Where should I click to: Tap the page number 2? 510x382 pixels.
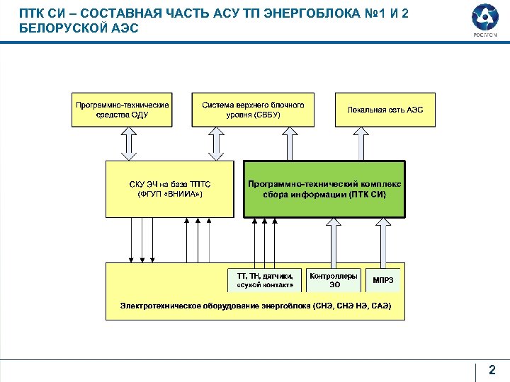point(492,369)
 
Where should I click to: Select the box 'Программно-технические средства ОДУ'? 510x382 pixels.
point(122,110)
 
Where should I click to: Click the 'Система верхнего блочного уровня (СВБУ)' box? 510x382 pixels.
point(253,110)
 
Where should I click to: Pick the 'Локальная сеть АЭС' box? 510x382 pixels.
point(385,110)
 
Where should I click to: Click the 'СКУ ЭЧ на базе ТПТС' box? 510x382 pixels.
point(169,188)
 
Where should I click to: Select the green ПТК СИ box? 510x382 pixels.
point(324,188)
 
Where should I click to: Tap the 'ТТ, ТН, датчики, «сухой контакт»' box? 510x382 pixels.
point(264,279)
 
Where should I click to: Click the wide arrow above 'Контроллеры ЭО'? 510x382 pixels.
point(331,242)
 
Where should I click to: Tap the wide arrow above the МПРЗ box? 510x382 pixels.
point(382,242)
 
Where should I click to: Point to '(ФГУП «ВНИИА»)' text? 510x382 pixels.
point(169,194)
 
